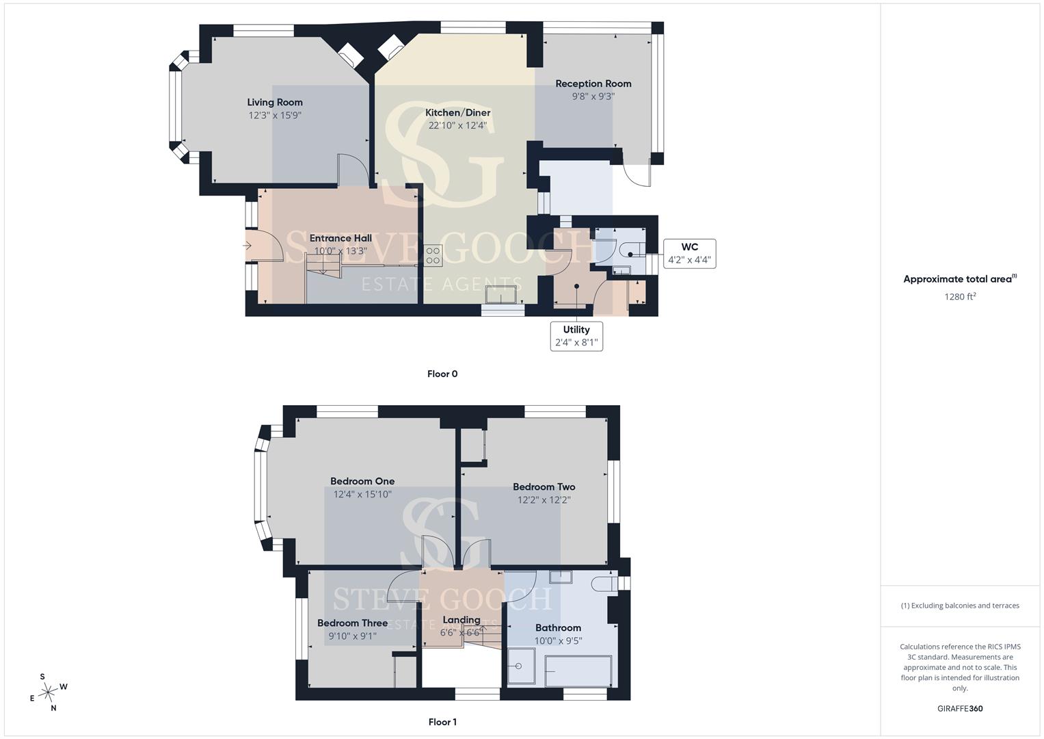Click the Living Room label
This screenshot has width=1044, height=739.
pyautogui.click(x=275, y=102)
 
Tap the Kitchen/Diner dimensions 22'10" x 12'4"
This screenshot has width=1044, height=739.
pyautogui.click(x=457, y=125)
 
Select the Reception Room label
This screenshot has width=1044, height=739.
pyautogui.click(x=593, y=83)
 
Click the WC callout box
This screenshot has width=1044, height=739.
pyautogui.click(x=690, y=253)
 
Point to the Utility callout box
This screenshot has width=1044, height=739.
pyautogui.click(x=576, y=336)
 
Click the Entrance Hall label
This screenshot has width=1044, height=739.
pyautogui.click(x=340, y=238)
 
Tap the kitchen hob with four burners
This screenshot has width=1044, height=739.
pyautogui.click(x=433, y=255)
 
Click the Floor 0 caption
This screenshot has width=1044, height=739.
pyautogui.click(x=442, y=374)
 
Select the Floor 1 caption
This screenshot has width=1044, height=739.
pyautogui.click(x=442, y=722)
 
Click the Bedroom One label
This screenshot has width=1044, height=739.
pyautogui.click(x=362, y=481)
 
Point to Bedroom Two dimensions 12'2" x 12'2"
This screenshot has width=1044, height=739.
pyautogui.click(x=544, y=500)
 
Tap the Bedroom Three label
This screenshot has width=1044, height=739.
pyautogui.click(x=352, y=623)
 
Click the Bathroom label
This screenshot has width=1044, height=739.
pyautogui.click(x=558, y=627)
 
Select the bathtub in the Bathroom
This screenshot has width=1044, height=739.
pyautogui.click(x=578, y=671)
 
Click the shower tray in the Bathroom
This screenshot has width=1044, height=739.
pyautogui.click(x=521, y=666)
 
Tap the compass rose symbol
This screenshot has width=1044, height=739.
pyautogui.click(x=49, y=692)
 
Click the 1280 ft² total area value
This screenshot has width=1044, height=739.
pyautogui.click(x=960, y=296)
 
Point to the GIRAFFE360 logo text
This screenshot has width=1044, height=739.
pyautogui.click(x=960, y=708)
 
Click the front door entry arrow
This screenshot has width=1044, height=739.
pyautogui.click(x=247, y=246)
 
